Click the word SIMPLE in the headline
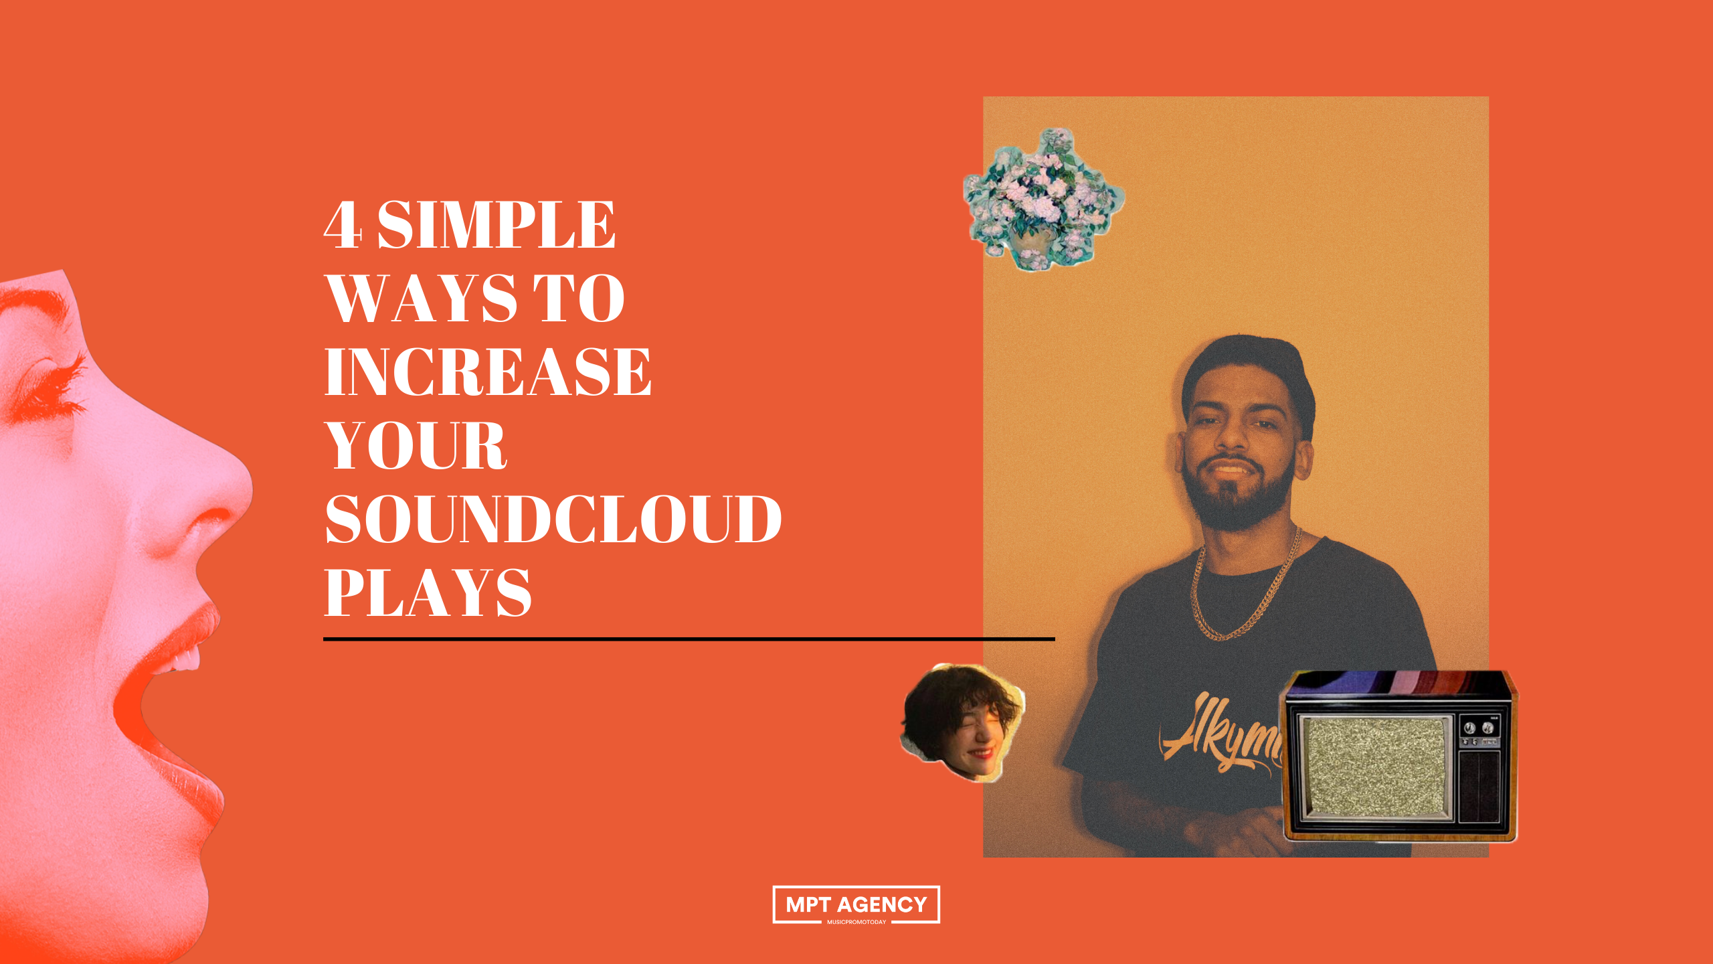point(496,225)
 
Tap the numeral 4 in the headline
point(343,225)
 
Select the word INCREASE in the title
point(487,372)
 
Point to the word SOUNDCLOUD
point(553,519)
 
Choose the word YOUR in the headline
point(416,446)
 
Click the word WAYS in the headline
point(422,299)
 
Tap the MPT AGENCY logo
point(856,904)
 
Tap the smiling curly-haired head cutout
point(962,722)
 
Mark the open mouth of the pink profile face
point(154,703)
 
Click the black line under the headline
point(689,639)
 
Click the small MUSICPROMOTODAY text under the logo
point(856,922)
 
